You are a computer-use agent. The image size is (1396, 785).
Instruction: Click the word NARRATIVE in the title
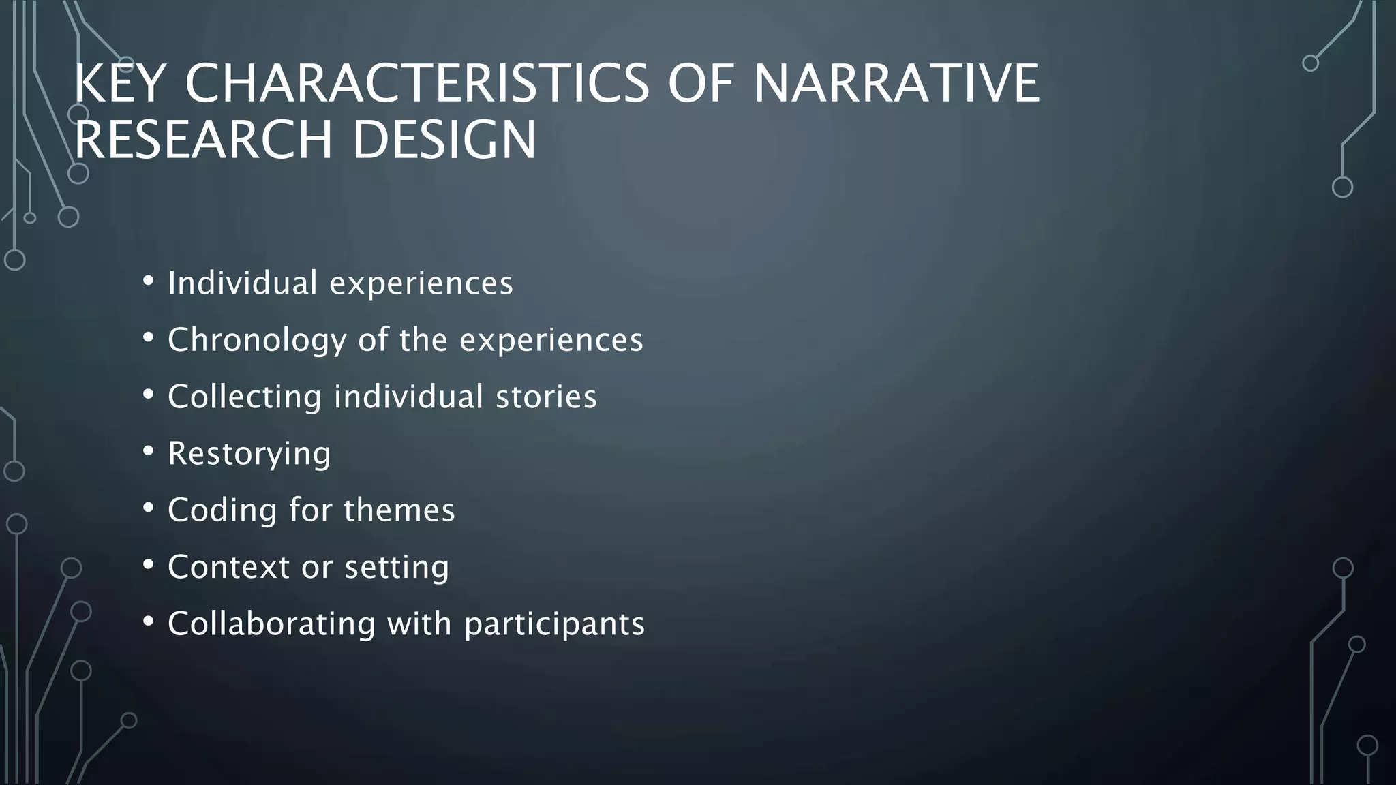point(896,83)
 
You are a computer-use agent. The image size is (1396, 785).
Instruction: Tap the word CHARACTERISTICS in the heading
point(417,83)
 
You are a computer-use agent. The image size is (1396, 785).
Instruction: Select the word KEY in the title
point(120,83)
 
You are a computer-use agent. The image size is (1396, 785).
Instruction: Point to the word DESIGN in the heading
point(444,140)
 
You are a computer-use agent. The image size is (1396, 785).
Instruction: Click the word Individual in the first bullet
point(243,283)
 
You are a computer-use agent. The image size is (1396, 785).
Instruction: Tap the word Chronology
point(257,340)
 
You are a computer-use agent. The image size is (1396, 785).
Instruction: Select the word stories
point(546,397)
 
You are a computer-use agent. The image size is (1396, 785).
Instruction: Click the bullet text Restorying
point(249,454)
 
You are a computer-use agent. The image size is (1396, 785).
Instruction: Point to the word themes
point(399,510)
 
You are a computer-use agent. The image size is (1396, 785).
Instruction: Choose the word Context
point(229,567)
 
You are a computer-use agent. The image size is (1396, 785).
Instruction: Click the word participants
point(554,624)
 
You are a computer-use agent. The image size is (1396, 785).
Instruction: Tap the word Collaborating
point(271,624)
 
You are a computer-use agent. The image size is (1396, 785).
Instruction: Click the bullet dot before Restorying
point(148,450)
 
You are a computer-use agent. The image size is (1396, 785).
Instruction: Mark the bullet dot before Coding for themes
point(148,507)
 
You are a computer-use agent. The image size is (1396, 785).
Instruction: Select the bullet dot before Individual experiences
point(148,280)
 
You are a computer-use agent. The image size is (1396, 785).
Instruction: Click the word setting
point(397,567)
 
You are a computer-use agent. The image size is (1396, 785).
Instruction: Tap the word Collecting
point(245,397)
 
